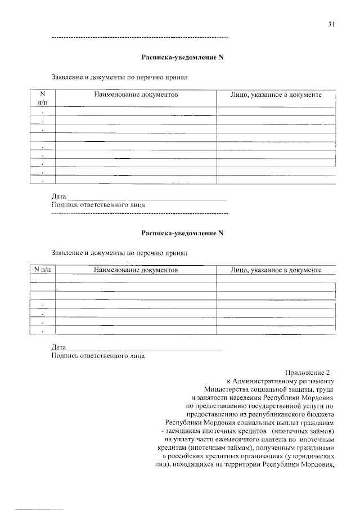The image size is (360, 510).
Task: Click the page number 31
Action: (332, 24)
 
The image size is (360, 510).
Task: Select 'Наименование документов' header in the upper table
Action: (136, 95)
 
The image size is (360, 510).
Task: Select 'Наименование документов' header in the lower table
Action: (136, 270)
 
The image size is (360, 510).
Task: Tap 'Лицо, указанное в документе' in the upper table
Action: (276, 95)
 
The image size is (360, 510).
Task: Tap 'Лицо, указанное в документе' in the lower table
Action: (276, 270)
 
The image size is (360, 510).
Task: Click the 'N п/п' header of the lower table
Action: (42, 270)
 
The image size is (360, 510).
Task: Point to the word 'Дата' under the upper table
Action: (58, 197)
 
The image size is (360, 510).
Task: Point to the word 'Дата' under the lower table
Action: (58, 348)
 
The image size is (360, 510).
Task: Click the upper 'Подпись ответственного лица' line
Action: (98, 205)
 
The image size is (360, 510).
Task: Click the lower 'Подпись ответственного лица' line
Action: (98, 356)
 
